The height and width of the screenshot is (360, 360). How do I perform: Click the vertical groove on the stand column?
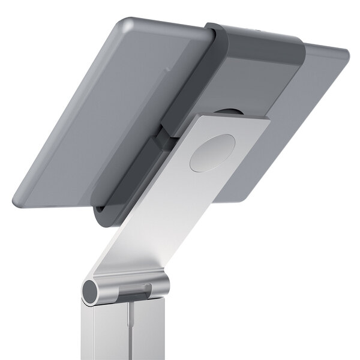point(130,330)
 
